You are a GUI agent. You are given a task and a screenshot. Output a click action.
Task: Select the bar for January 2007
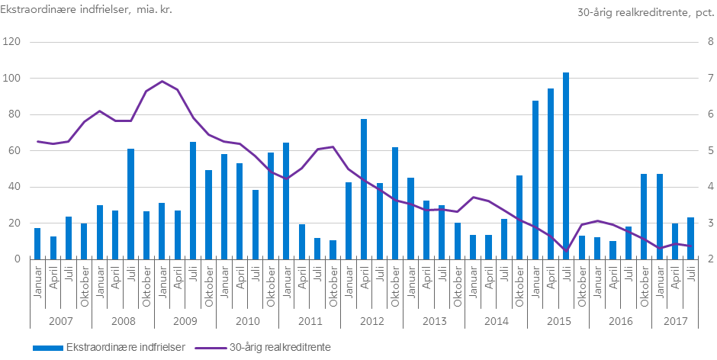point(37,243)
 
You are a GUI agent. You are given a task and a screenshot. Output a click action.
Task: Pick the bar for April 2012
point(364,189)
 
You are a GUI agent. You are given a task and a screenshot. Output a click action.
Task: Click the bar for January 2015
point(535,180)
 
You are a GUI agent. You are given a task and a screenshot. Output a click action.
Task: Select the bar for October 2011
point(333,249)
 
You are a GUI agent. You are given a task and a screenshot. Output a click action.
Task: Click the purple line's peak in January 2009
point(162,81)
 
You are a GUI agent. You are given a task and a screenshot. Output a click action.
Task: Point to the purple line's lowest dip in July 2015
point(566,250)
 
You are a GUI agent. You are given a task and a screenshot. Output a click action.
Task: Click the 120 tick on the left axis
point(11,42)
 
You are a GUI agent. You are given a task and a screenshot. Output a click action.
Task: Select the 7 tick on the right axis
point(710,79)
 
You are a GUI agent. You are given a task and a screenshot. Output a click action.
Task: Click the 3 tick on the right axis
point(710,223)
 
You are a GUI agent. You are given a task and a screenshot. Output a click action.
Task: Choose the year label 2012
point(371,321)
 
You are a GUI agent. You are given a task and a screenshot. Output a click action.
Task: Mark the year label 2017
point(674,321)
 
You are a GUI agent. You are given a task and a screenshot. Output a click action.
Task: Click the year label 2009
point(185,321)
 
